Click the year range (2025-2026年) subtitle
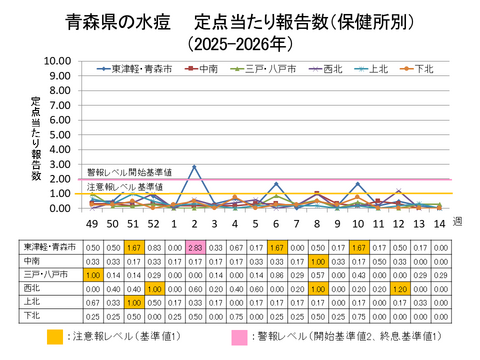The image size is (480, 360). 241,44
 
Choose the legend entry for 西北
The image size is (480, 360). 324,69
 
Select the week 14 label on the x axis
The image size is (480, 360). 437,223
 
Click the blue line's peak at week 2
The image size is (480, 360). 193,167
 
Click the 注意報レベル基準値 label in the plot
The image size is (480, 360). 125,187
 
